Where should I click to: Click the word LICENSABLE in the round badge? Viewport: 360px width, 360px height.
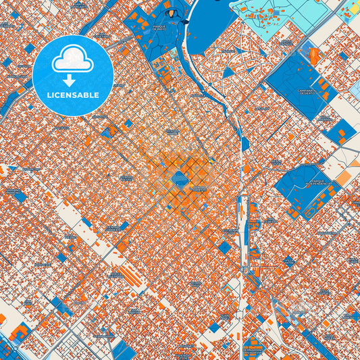click(x=72, y=95)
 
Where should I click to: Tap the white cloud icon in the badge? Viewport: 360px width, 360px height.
click(x=72, y=60)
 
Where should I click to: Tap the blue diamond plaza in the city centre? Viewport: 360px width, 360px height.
click(x=180, y=178)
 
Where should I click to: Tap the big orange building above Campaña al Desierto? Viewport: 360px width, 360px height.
click(x=313, y=55)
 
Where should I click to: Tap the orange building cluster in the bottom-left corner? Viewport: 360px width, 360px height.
click(x=18, y=333)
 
